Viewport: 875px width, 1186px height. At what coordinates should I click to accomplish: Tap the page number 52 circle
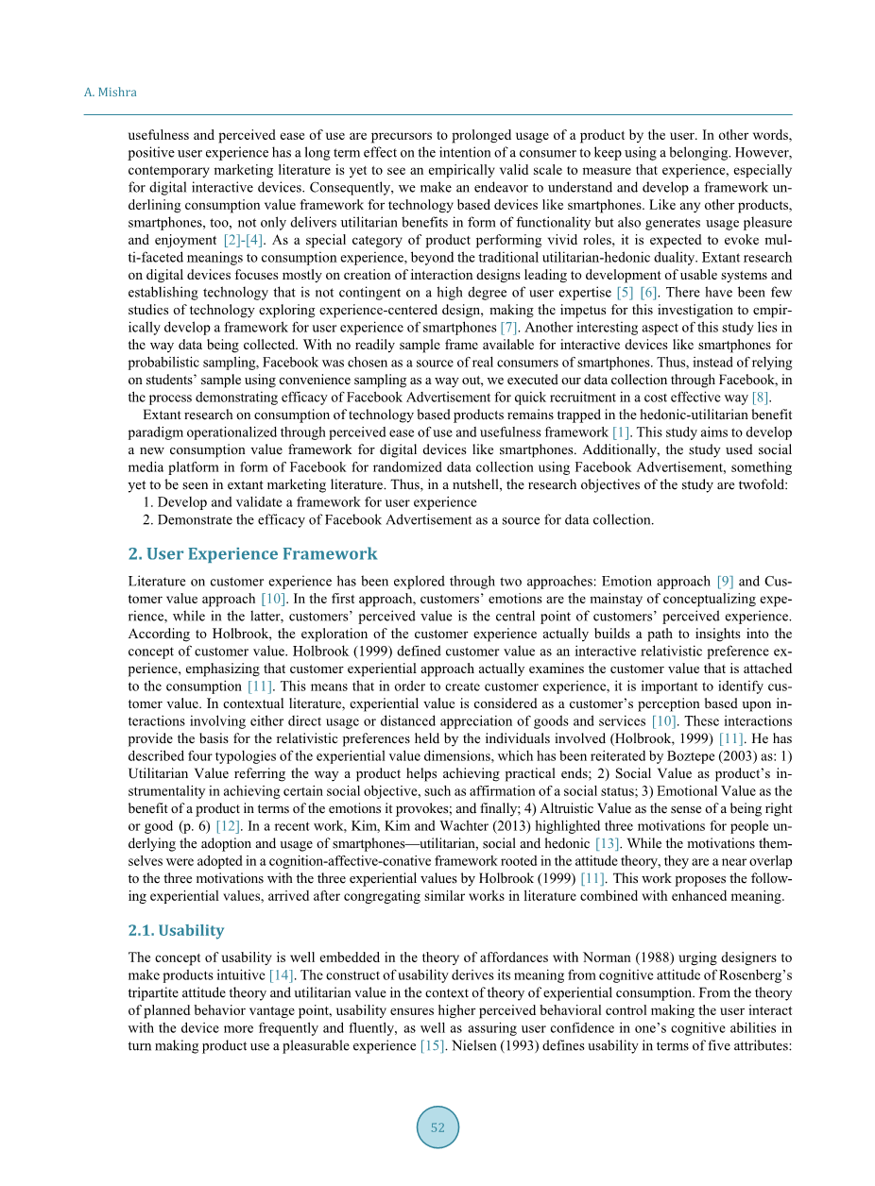point(437,1127)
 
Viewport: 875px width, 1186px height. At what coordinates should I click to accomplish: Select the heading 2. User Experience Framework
point(252,554)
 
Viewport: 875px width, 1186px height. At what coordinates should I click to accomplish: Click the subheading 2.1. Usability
point(176,930)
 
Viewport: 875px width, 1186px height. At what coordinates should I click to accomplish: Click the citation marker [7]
point(508,328)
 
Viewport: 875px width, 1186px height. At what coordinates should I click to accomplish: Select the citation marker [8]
point(761,397)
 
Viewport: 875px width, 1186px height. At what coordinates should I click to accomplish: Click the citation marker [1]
point(622,432)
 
